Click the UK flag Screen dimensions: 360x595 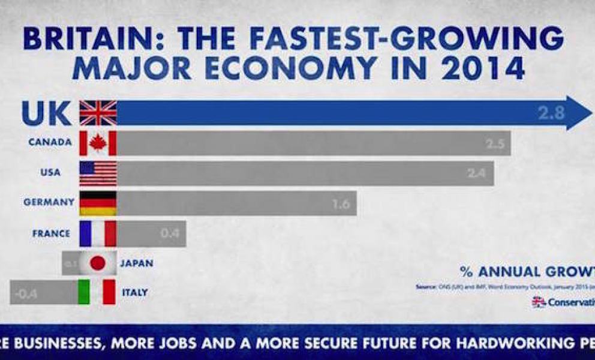[x=98, y=113]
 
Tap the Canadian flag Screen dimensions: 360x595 [x=98, y=143]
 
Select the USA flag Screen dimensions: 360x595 [x=98, y=173]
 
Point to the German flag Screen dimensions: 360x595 [x=98, y=203]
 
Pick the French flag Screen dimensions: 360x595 [x=98, y=233]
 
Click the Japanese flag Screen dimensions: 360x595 [x=98, y=263]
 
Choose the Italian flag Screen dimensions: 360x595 [x=98, y=292]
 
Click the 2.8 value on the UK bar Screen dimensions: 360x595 [x=550, y=113]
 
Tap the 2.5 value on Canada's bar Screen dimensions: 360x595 [x=495, y=145]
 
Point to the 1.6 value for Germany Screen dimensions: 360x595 [x=340, y=204]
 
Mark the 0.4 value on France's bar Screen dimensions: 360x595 [x=170, y=234]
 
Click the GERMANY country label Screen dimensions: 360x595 [x=49, y=203]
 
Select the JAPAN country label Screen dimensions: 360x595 [x=136, y=263]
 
